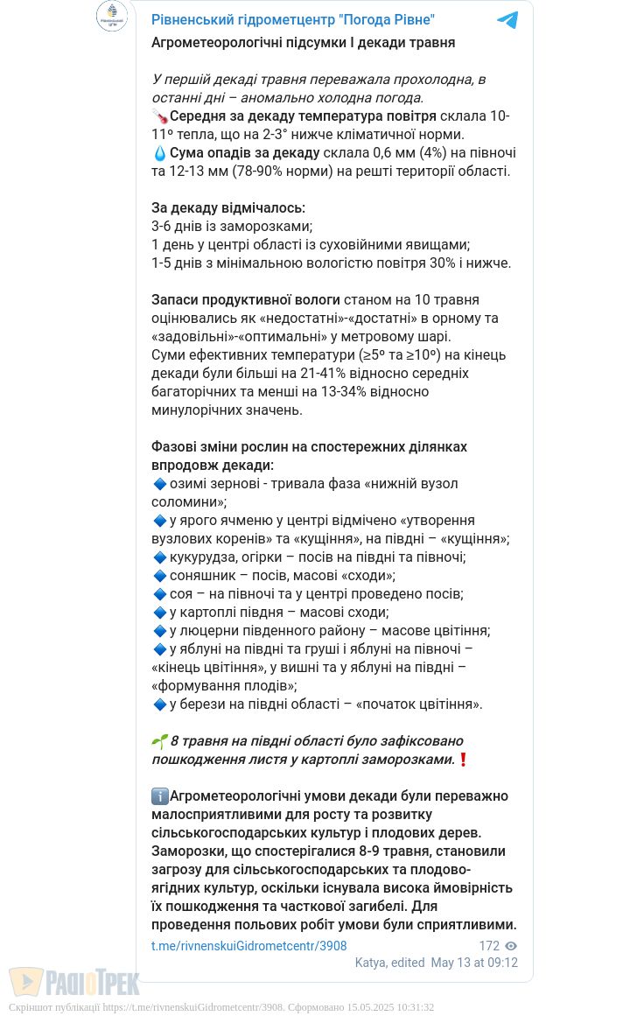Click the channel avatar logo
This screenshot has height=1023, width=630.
click(112, 16)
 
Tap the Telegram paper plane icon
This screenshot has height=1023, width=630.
click(507, 20)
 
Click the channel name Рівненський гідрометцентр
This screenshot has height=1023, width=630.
click(292, 20)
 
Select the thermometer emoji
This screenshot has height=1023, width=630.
click(159, 116)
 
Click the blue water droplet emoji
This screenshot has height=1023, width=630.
click(159, 153)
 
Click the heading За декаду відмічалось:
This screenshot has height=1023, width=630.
click(228, 208)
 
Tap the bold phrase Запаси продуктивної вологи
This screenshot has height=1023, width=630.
click(246, 300)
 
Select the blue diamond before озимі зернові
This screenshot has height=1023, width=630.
click(159, 484)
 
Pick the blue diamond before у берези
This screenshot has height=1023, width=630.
click(159, 704)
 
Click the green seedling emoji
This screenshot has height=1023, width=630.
click(159, 741)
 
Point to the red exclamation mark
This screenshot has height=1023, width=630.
click(464, 760)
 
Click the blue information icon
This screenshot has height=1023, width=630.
click(160, 796)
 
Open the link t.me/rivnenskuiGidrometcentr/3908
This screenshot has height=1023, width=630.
click(248, 946)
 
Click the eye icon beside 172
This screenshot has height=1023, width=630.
click(511, 946)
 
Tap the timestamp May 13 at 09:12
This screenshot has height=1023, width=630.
click(474, 963)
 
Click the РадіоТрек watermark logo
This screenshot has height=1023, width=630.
click(74, 982)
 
